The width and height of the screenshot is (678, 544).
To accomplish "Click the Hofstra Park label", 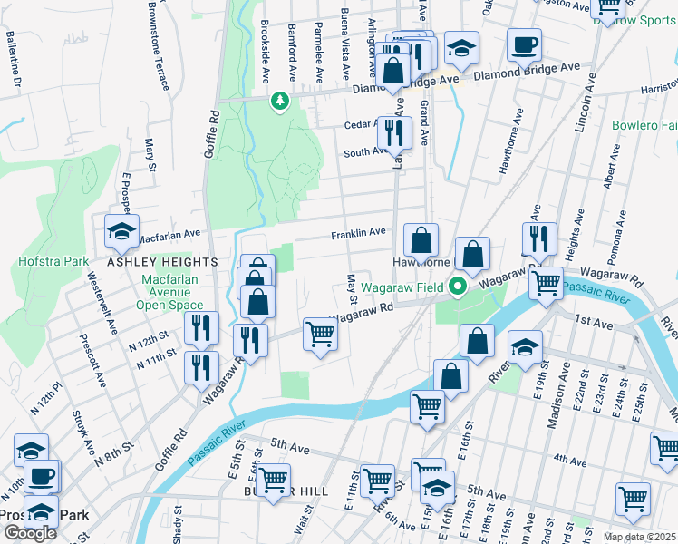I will click(x=53, y=262).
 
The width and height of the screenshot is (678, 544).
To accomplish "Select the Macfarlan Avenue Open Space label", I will click(x=179, y=292).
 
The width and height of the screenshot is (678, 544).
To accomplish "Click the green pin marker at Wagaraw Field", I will click(x=459, y=287).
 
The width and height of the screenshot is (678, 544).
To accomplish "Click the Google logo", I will click(x=30, y=533).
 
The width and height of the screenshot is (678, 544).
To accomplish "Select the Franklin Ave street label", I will click(x=358, y=233).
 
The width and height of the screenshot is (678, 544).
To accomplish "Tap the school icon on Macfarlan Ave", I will click(x=121, y=233).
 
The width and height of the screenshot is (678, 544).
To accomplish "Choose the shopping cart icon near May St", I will click(x=320, y=334).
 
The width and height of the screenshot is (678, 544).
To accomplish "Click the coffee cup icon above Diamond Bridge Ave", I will click(x=523, y=44).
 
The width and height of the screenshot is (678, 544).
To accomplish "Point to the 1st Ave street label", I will click(x=594, y=321).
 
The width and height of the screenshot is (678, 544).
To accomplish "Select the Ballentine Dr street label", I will click(x=13, y=60).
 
